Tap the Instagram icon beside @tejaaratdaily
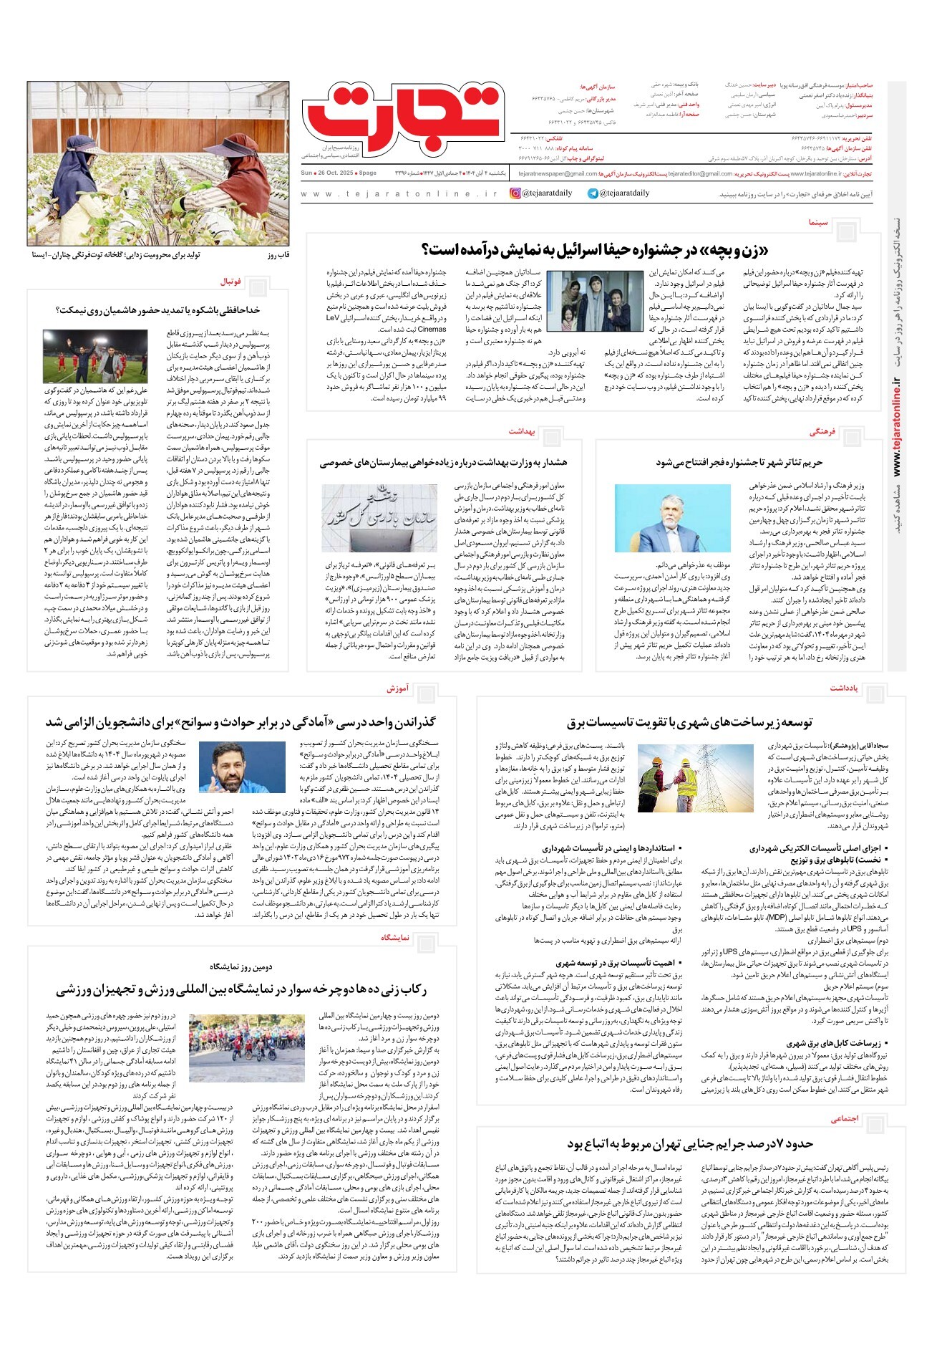[x=515, y=193]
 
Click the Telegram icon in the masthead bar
[x=593, y=193]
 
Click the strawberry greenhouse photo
[x=158, y=163]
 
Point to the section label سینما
[x=818, y=223]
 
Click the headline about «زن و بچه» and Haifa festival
[x=595, y=250]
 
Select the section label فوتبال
[x=231, y=282]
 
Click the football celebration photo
[x=95, y=356]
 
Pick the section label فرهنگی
[x=822, y=433]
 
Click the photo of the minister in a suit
[x=672, y=517]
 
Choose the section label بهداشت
[x=523, y=432]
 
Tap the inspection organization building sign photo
[x=379, y=517]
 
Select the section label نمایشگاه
[x=395, y=937]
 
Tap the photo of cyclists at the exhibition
[x=246, y=1047]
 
